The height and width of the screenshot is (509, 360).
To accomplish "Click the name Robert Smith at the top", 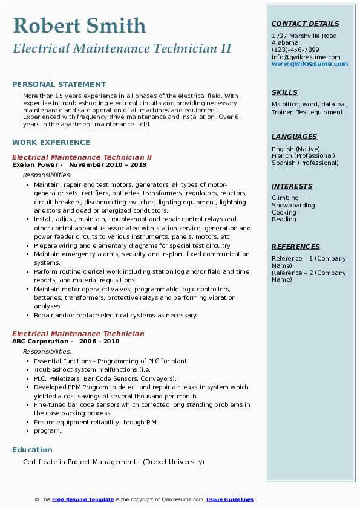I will (79, 25).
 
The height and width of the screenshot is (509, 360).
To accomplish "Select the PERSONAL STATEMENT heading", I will (59, 85).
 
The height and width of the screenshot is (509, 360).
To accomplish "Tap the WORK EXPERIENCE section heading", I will (51, 143).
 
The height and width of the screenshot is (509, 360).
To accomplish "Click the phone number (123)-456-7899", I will (295, 50).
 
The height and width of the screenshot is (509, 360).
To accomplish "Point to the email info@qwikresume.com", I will (306, 57).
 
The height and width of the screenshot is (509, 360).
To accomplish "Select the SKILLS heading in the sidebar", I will (284, 93).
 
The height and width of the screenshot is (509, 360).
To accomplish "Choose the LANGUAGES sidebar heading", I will (294, 137).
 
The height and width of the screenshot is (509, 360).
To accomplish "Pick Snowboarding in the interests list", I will (293, 206).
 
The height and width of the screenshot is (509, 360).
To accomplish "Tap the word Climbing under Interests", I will (285, 198).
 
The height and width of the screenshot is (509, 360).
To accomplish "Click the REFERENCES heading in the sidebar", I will (296, 247).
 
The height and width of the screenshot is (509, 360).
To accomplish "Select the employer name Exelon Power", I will (35, 165).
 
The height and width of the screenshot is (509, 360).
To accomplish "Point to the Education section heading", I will (32, 450).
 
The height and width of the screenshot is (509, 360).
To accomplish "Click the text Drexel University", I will (173, 462).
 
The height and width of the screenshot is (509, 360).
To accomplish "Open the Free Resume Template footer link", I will (83, 500).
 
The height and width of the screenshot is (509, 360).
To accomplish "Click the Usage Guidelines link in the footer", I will (230, 500).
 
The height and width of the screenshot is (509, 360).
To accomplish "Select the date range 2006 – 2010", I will (103, 342).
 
